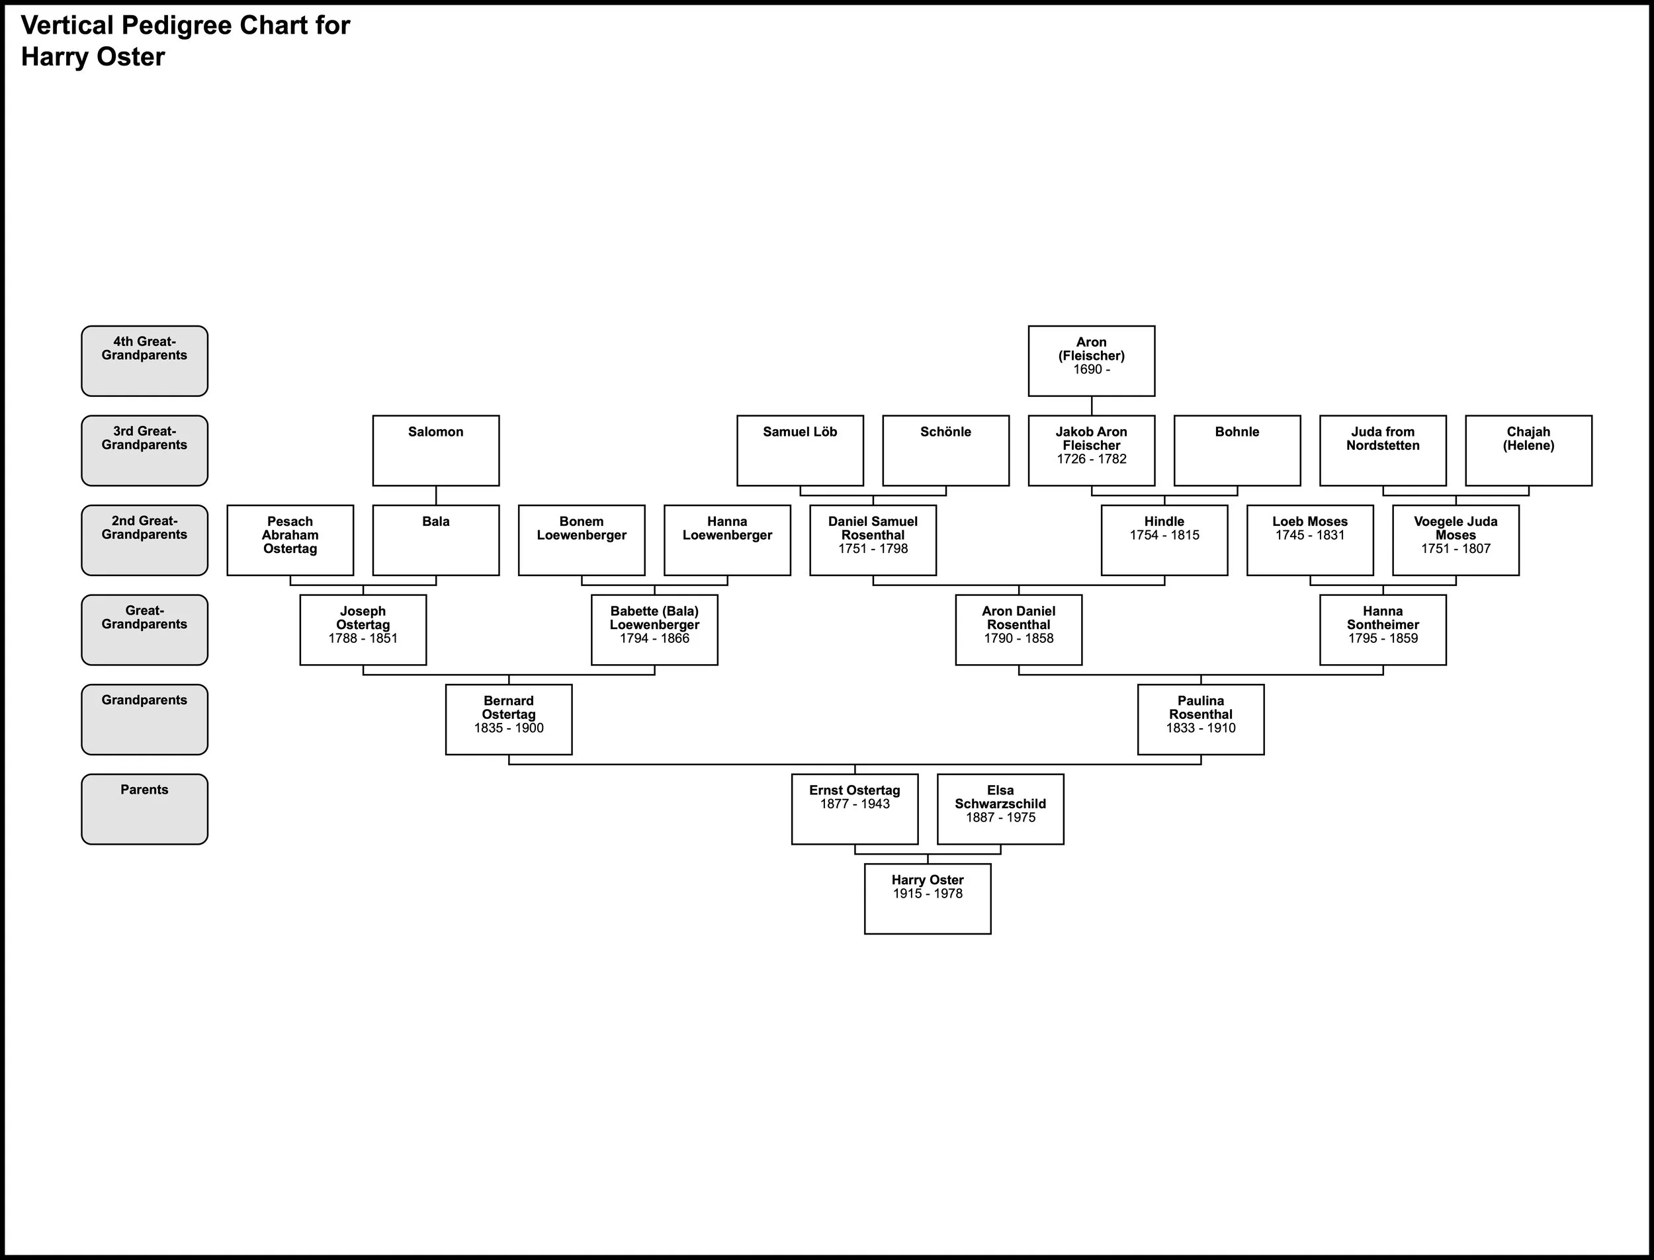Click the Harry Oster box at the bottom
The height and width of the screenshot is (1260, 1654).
pyautogui.click(x=927, y=898)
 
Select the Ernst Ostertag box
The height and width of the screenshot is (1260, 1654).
pyautogui.click(x=854, y=808)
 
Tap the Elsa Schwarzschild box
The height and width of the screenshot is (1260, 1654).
pyautogui.click(x=1000, y=808)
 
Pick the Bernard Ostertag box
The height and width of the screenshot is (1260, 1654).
pyautogui.click(x=509, y=719)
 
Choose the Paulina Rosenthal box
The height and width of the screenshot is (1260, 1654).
pyautogui.click(x=1200, y=719)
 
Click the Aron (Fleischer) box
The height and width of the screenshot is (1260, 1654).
pyautogui.click(x=1091, y=360)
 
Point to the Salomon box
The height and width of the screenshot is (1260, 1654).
pyautogui.click(x=436, y=450)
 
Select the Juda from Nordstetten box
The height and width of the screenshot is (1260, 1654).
pyautogui.click(x=1383, y=450)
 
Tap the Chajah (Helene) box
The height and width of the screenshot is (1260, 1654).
pyautogui.click(x=1528, y=450)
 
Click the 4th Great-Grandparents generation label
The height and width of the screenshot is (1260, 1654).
pyautogui.click(x=145, y=360)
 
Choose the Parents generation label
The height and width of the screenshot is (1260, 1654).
pyautogui.click(x=145, y=808)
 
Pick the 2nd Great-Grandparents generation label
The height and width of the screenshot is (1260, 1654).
pyautogui.click(x=145, y=540)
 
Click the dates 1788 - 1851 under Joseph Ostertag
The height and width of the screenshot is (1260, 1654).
pyautogui.click(x=363, y=638)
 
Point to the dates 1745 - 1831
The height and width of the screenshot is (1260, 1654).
pyautogui.click(x=1310, y=534)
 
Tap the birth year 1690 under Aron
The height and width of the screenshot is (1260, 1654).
pyautogui.click(x=1088, y=369)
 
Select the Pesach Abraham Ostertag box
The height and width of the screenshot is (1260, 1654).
pyautogui.click(x=290, y=540)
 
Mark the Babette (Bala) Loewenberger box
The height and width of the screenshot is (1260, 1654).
pyautogui.click(x=654, y=629)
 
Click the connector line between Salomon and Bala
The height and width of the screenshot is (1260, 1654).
pyautogui.click(x=436, y=495)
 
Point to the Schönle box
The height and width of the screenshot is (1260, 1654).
pyautogui.click(x=945, y=450)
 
